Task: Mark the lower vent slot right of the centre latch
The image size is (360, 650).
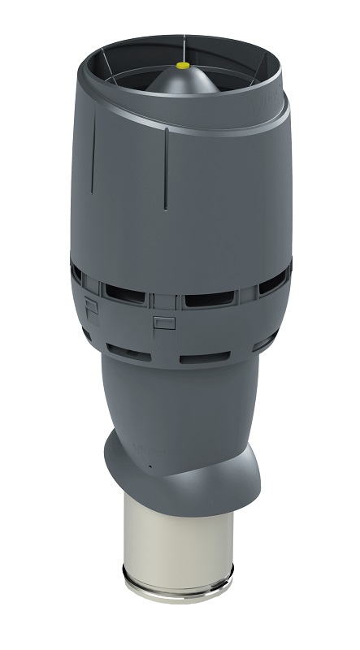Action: pyautogui.click(x=200, y=335)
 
